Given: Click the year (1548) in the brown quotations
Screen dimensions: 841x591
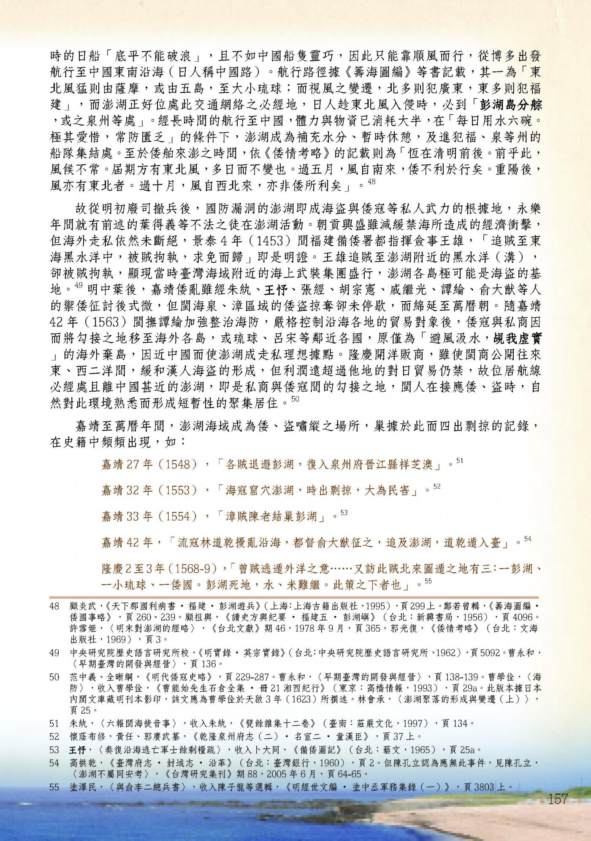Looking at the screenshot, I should [x=182, y=465].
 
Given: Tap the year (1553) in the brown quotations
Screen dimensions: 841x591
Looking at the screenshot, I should [x=182, y=490].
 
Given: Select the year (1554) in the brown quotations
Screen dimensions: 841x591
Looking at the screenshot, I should [x=182, y=516].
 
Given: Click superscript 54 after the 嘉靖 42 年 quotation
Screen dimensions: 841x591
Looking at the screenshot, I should [x=528, y=539].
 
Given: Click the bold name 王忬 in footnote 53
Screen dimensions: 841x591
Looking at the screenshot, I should [x=78, y=750].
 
